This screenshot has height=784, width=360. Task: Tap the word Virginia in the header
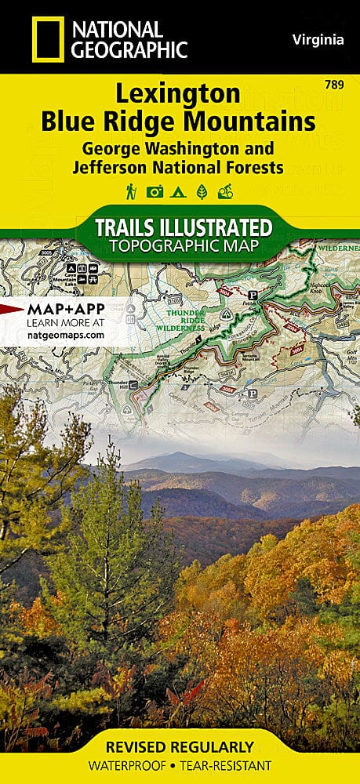click(317, 39)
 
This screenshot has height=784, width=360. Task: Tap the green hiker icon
click(131, 191)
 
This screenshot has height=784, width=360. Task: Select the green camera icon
click(155, 191)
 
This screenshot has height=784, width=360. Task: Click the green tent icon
click(179, 191)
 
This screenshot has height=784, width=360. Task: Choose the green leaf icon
click(202, 191)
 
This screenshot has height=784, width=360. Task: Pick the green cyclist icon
click(226, 191)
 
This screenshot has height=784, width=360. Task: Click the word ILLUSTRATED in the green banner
click(220, 228)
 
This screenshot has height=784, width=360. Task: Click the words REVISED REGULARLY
click(180, 746)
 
